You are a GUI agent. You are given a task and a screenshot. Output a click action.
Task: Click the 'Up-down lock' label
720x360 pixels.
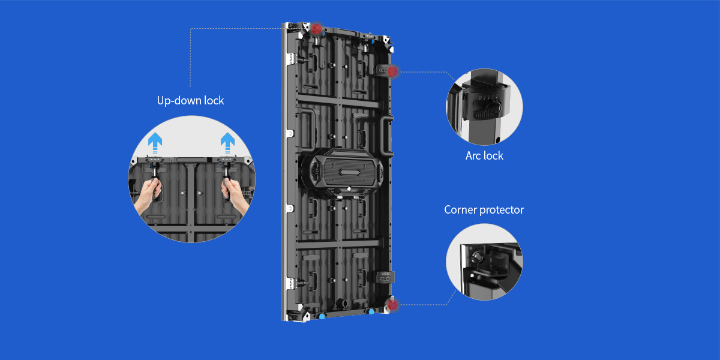[x=190, y=101]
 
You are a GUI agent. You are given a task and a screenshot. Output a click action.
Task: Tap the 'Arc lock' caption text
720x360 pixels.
[x=484, y=156]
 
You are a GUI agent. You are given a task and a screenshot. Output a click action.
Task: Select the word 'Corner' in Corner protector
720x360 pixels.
[x=460, y=210]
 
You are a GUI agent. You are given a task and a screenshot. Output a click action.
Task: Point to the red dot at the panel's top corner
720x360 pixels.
[x=316, y=29]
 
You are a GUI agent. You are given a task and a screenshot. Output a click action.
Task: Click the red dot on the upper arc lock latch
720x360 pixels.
[x=392, y=71]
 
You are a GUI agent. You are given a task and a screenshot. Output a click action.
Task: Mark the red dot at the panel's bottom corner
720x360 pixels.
[x=392, y=305]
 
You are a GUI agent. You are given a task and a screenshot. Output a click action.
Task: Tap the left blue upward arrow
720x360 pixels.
[x=155, y=143]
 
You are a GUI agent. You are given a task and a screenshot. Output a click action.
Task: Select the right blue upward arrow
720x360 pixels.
[x=227, y=143]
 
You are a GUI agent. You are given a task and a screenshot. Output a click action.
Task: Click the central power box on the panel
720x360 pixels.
[x=343, y=172]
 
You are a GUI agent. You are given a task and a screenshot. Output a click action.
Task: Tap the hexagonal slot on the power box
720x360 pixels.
[x=349, y=172]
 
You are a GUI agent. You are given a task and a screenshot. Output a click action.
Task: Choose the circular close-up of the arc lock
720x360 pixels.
[x=484, y=107]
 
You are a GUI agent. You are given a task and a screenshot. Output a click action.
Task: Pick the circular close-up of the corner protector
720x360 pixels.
[x=484, y=262]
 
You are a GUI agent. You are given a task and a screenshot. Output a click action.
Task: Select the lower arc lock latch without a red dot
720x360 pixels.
[x=385, y=277]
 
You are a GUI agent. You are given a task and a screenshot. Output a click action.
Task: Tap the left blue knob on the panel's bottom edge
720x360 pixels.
[x=322, y=317]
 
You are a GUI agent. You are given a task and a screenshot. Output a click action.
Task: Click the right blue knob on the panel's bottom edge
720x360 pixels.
[x=371, y=311]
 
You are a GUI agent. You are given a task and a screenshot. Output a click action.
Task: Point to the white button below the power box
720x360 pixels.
[x=349, y=188]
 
